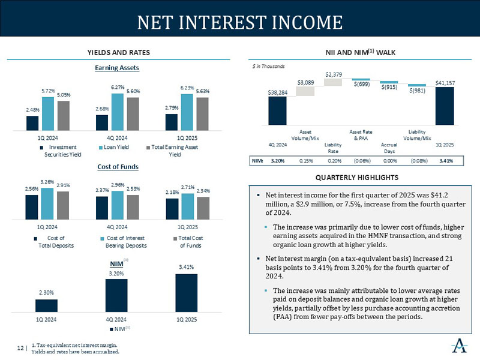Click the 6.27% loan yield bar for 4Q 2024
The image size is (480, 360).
(x=118, y=112)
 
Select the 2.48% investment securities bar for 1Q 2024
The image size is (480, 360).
(x=32, y=122)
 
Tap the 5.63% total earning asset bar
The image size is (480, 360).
(x=202, y=113)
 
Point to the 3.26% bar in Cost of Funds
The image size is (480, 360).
(x=47, y=204)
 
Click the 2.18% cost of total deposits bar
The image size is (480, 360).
(x=172, y=209)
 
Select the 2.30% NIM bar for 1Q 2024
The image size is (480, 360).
(x=46, y=305)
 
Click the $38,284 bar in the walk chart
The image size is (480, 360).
(x=277, y=109)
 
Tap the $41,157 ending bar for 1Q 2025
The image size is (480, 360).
(x=445, y=105)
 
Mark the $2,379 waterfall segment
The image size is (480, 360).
(x=334, y=82)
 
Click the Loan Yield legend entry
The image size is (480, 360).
(x=118, y=146)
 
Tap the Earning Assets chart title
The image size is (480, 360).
(x=118, y=68)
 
